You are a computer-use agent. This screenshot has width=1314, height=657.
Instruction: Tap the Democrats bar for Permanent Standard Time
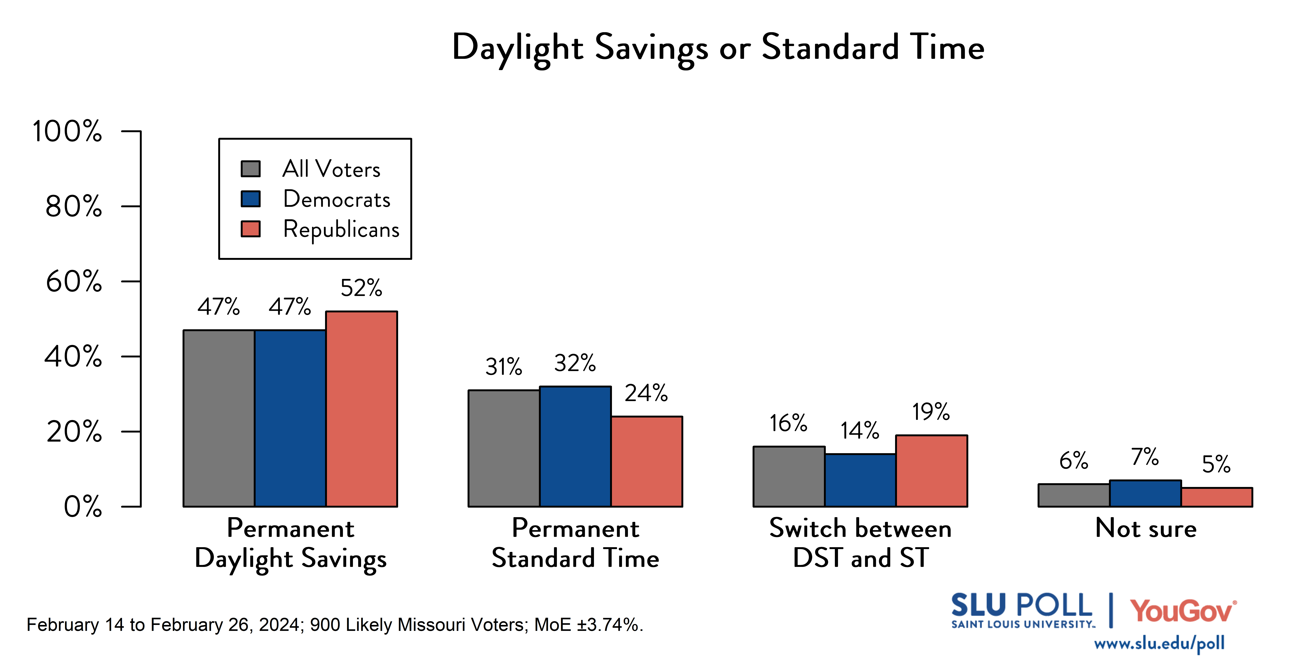click(x=575, y=446)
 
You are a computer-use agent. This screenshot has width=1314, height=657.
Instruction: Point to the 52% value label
click(x=361, y=288)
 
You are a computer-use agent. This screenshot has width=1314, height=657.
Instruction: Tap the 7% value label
click(x=1145, y=456)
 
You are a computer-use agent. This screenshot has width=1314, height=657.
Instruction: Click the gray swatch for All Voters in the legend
click(x=250, y=169)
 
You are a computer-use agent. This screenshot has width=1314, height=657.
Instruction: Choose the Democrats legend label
click(x=337, y=199)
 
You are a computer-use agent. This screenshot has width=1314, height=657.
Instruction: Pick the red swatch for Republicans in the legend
click(x=250, y=229)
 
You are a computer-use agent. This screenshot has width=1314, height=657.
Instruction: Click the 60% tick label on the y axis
click(x=74, y=282)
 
